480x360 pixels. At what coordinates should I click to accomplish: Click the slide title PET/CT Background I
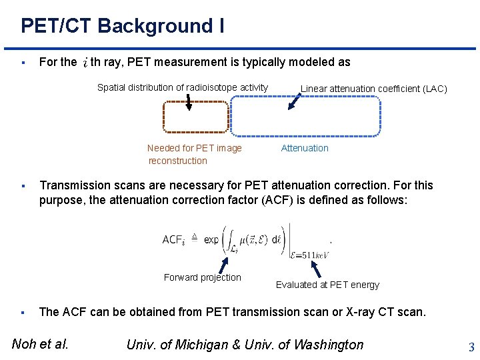122,26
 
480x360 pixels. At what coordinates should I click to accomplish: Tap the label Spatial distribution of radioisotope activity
183,87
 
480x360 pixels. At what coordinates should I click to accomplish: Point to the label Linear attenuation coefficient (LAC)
373,89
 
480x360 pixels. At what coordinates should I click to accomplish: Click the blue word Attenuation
305,148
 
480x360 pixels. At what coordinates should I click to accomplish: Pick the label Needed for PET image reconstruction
194,154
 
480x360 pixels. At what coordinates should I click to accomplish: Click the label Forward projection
203,277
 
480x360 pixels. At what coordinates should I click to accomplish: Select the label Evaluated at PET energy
327,285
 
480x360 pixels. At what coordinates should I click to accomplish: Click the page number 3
471,347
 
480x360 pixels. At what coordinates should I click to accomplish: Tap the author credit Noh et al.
40,344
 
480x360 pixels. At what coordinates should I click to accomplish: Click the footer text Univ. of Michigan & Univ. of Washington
245,344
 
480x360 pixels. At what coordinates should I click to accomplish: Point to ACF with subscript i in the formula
174,240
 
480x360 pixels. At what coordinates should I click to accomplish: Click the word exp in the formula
211,239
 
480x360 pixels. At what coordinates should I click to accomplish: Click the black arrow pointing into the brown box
189,102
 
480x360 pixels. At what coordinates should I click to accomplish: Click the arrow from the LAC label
293,101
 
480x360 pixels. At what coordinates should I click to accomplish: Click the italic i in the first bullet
85,63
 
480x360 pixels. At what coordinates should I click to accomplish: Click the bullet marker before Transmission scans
23,186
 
